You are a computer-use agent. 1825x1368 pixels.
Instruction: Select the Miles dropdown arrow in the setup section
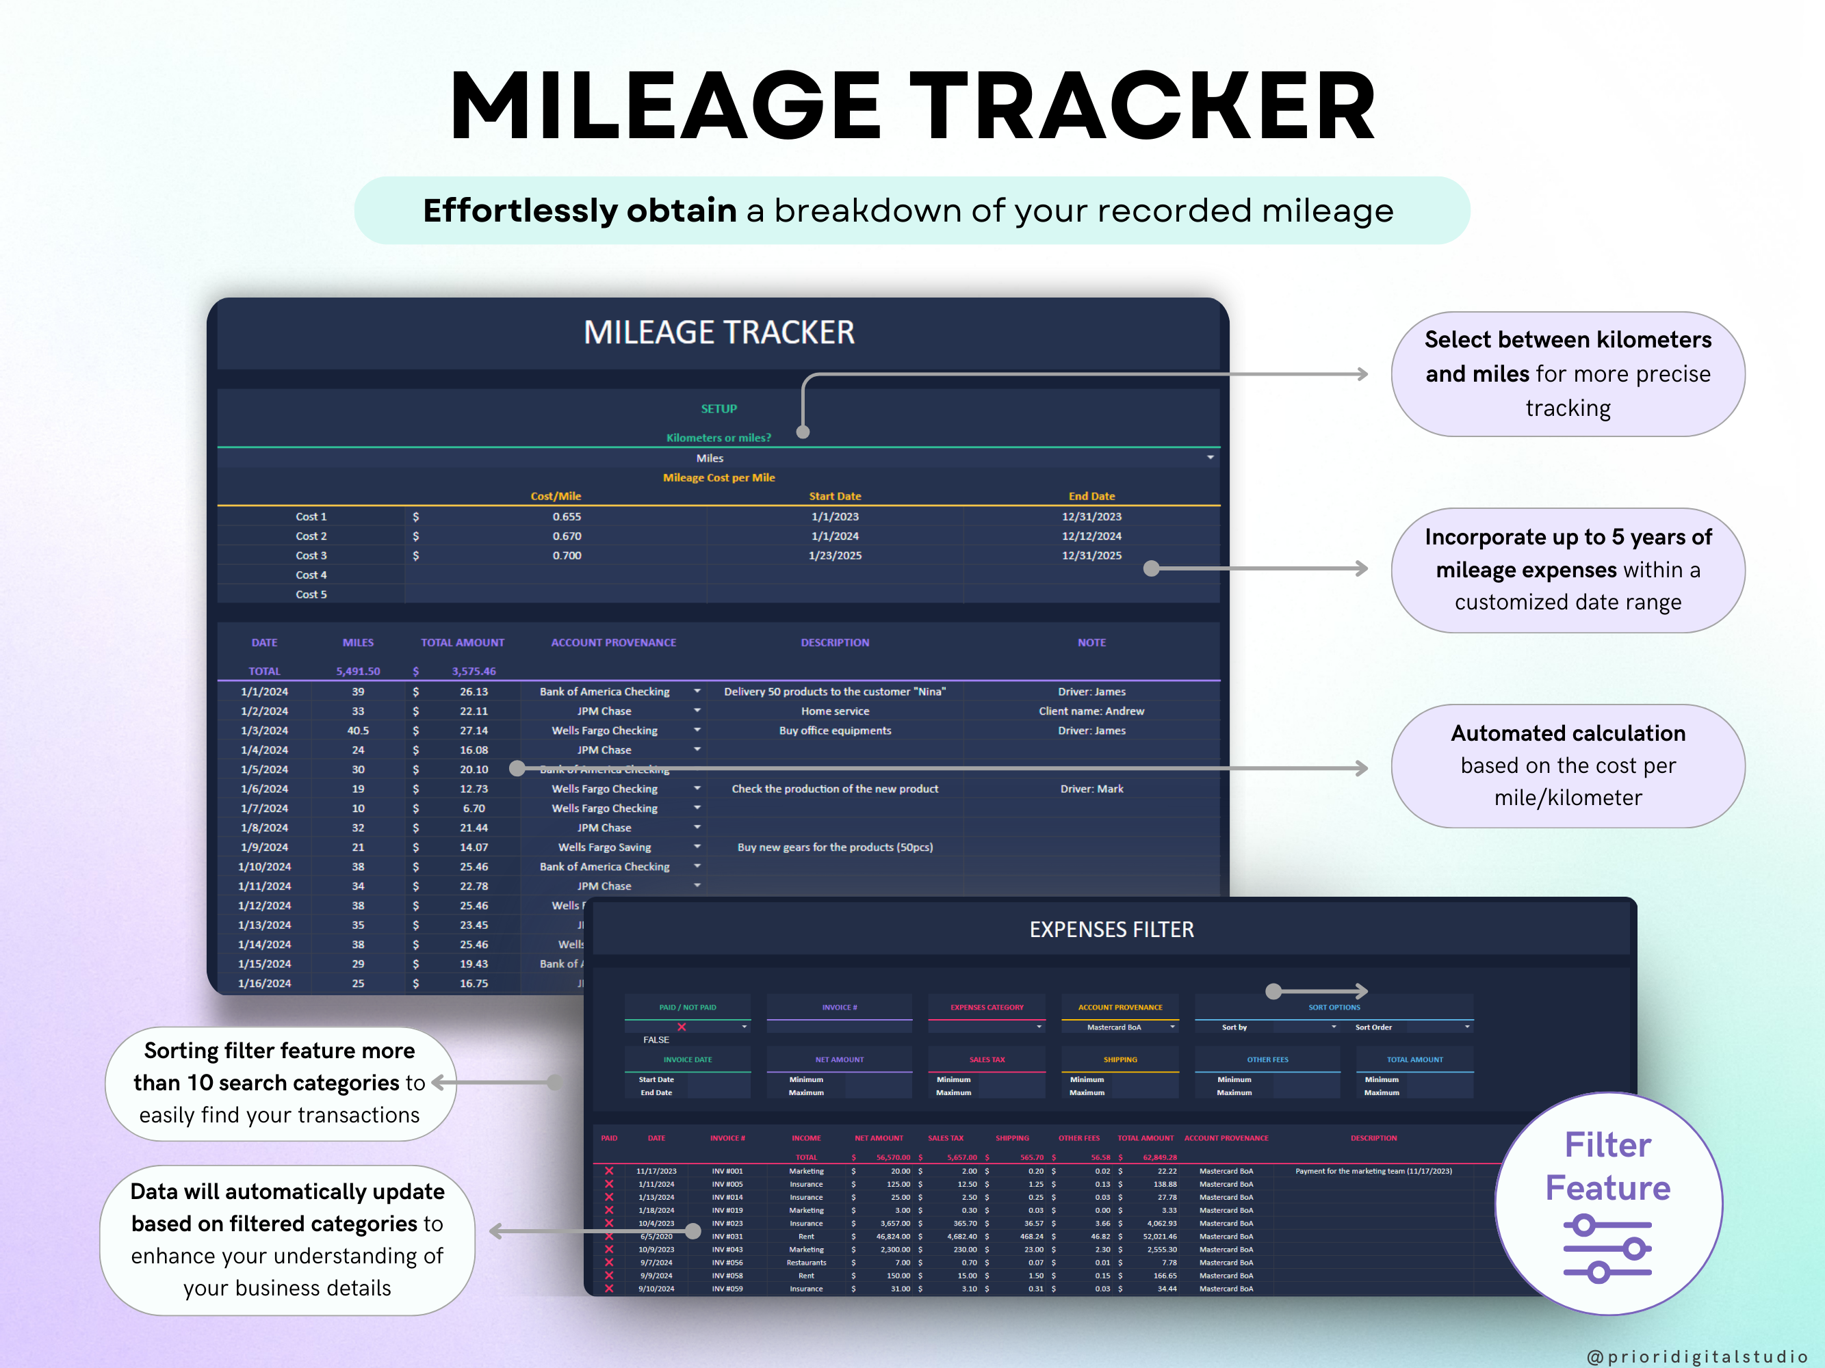[x=1210, y=458]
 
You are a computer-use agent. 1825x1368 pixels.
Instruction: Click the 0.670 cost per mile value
[x=567, y=536]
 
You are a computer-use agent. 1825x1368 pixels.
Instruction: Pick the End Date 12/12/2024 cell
[x=1091, y=536]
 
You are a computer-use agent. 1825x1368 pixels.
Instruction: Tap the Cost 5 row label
[x=311, y=594]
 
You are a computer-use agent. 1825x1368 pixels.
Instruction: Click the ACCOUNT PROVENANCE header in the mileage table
[x=613, y=642]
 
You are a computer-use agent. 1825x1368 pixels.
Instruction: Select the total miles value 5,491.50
[x=358, y=671]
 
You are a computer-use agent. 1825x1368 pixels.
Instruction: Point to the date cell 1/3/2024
[x=264, y=731]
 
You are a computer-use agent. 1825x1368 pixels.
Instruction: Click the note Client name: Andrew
[x=1091, y=711]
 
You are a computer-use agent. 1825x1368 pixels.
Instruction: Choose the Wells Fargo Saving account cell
[x=604, y=847]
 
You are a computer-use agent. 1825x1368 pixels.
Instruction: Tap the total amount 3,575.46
[x=474, y=671]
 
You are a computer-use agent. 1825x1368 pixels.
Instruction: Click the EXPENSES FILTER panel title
[x=1111, y=930]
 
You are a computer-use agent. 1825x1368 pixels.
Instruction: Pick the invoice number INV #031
[x=727, y=1236]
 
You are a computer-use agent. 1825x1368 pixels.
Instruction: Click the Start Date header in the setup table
[x=834, y=497]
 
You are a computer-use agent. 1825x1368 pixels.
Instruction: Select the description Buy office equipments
[x=834, y=731]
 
